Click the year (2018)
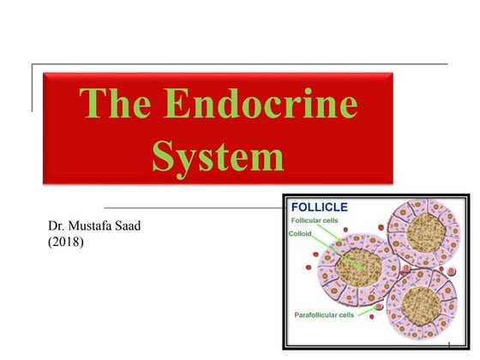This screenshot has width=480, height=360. (x=66, y=243)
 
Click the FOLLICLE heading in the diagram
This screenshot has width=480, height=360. (x=320, y=207)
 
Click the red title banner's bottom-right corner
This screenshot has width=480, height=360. (x=393, y=183)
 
